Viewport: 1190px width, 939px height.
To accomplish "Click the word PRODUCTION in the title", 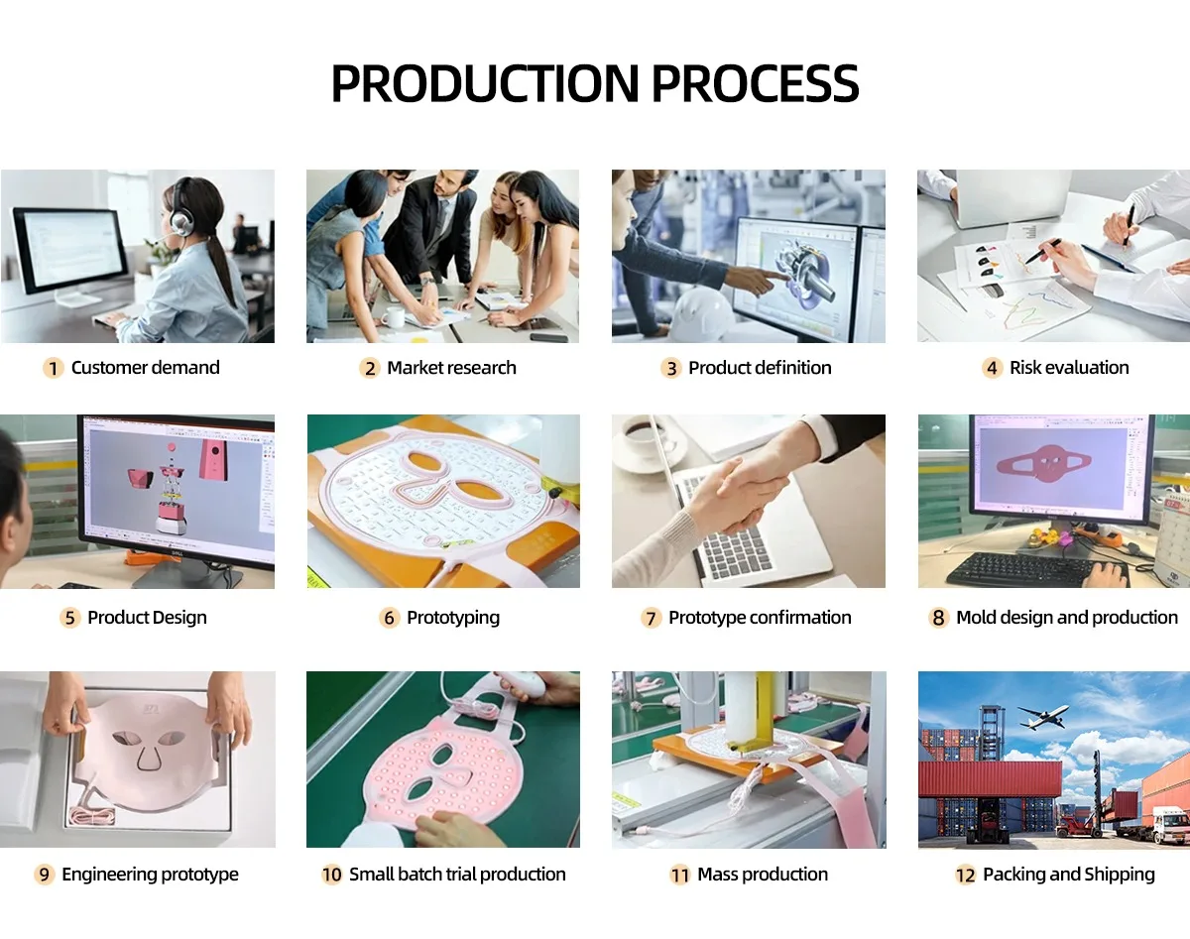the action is (485, 84).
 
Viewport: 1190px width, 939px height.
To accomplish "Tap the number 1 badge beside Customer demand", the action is (54, 368).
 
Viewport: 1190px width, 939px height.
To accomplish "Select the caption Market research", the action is (451, 368).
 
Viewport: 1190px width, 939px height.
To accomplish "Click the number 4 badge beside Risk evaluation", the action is (992, 368).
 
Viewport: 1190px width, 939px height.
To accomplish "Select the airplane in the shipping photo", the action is (1042, 717).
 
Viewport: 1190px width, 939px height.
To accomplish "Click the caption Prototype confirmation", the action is (760, 618).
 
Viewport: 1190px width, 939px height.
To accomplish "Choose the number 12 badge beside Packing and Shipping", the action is (966, 875).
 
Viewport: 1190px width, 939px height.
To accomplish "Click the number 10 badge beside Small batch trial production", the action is (332, 875).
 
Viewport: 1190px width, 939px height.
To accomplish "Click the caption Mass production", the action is (763, 875).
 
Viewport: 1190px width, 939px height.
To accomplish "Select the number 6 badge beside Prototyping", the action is (390, 618).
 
